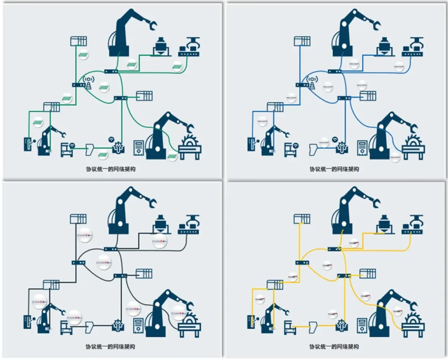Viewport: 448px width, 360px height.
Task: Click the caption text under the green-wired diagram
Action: [x=110, y=169]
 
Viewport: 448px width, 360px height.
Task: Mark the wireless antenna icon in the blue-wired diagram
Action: [x=312, y=81]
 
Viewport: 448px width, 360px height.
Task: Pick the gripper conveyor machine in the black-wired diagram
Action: [x=189, y=224]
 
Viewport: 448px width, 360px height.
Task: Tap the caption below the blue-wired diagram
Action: [x=334, y=169]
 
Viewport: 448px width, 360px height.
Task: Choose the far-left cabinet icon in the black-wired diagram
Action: [x=28, y=322]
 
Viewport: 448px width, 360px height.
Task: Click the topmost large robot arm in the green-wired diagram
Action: [x=127, y=33]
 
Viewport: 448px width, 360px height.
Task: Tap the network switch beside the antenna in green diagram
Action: [x=79, y=85]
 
